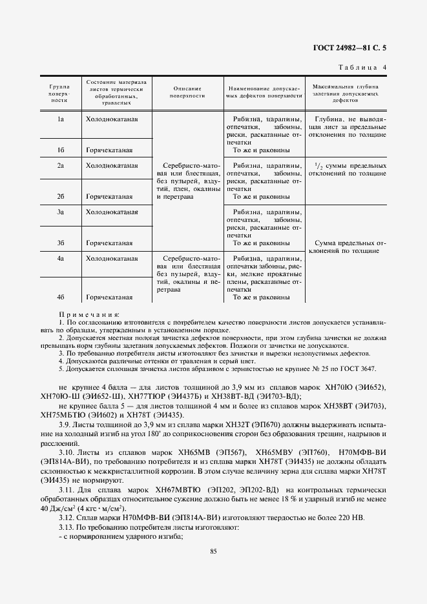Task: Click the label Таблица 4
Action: coord(362,67)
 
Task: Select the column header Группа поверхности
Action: coord(59,94)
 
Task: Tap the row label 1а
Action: coord(59,119)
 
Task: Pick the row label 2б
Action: coord(59,197)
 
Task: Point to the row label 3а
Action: coord(59,212)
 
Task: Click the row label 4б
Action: coord(59,297)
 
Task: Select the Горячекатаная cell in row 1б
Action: coord(109,150)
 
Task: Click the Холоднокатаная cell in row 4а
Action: coord(112,258)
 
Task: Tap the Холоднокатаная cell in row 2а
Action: coord(112,166)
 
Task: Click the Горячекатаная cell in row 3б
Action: coord(109,243)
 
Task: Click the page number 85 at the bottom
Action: coord(213,550)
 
